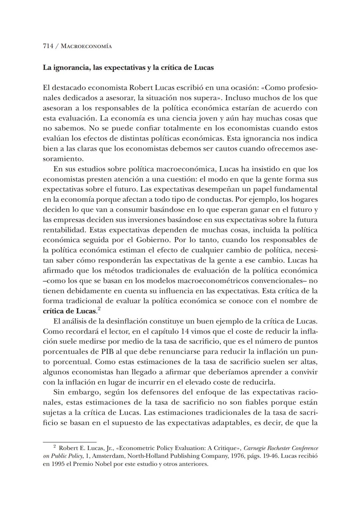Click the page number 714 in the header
(x=48, y=46)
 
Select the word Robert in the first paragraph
(x=140, y=88)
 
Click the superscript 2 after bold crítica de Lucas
(x=99, y=309)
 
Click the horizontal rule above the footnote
(x=70, y=442)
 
